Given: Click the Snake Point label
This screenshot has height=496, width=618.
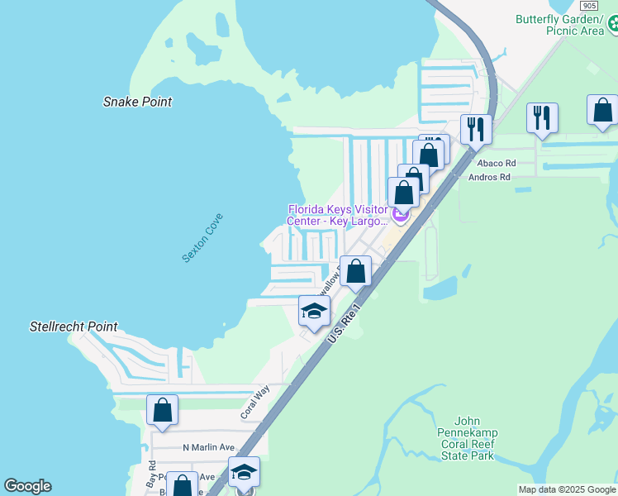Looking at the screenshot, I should (137, 102).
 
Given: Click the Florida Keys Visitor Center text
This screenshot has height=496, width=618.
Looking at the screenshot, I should (337, 215).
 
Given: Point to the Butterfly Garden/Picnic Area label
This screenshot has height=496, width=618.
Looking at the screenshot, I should (559, 25).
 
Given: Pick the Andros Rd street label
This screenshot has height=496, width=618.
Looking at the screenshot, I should (489, 177).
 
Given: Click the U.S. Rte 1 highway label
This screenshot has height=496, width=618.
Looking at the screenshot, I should (345, 323).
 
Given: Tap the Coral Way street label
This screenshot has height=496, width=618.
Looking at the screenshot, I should (254, 403).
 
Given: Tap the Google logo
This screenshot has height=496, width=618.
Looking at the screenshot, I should (27, 486).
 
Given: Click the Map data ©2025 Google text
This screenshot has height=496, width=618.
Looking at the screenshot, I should (567, 489).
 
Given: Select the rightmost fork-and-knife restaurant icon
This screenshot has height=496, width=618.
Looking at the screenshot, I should (542, 117).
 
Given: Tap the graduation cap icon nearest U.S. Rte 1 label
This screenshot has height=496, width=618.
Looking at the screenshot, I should (314, 311).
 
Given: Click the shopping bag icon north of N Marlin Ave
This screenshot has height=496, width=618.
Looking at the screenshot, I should (163, 409).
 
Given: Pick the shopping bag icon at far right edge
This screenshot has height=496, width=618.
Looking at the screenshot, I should (602, 110).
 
